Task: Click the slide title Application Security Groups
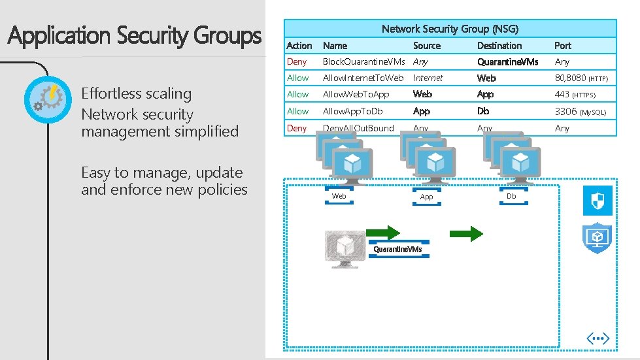click(135, 36)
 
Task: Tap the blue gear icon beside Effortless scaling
click(44, 101)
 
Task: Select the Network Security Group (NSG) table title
click(450, 29)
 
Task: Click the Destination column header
click(499, 46)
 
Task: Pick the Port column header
click(562, 46)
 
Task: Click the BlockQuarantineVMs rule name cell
click(363, 62)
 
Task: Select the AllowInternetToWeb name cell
click(363, 78)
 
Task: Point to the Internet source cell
click(428, 78)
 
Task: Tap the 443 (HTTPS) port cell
click(575, 95)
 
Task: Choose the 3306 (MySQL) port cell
click(580, 112)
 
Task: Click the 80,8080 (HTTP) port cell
click(581, 78)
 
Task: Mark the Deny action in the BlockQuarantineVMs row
click(297, 62)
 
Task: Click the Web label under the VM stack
click(339, 196)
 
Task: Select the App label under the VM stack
click(426, 197)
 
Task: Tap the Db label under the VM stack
click(511, 196)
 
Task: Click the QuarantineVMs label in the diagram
click(397, 250)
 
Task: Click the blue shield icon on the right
click(598, 200)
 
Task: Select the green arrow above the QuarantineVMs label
click(382, 233)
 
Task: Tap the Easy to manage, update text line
click(161, 173)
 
